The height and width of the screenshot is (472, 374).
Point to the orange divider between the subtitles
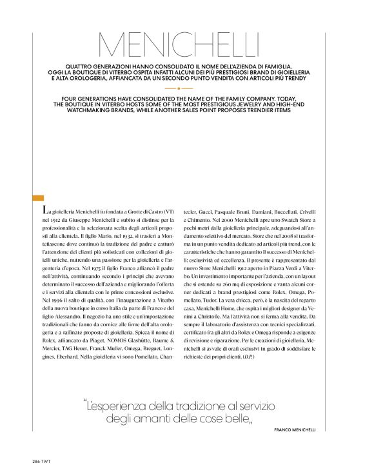179,88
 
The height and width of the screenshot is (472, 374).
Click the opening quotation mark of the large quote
86,406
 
